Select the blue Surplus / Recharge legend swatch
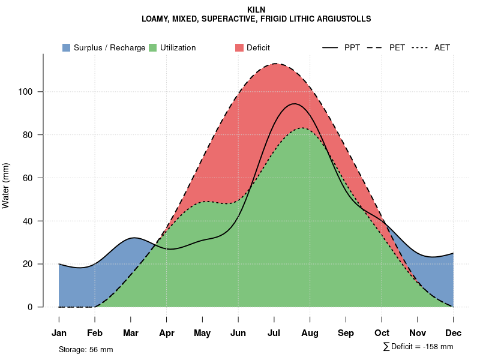pyautogui.click(x=67, y=47)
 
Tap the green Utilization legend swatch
pyautogui.click(x=153, y=47)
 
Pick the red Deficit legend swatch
pyautogui.click(x=239, y=47)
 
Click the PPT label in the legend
pyautogui.click(x=352, y=47)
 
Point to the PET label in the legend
pyautogui.click(x=397, y=47)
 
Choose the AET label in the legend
pyautogui.click(x=442, y=47)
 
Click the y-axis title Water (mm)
pyautogui.click(x=6, y=185)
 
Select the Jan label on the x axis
pyautogui.click(x=59, y=333)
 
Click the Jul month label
pyautogui.click(x=274, y=333)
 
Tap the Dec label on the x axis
pyautogui.click(x=453, y=333)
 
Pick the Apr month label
pyautogui.click(x=167, y=333)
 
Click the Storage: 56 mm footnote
pyautogui.click(x=86, y=349)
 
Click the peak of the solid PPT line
pyautogui.click(x=294, y=104)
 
